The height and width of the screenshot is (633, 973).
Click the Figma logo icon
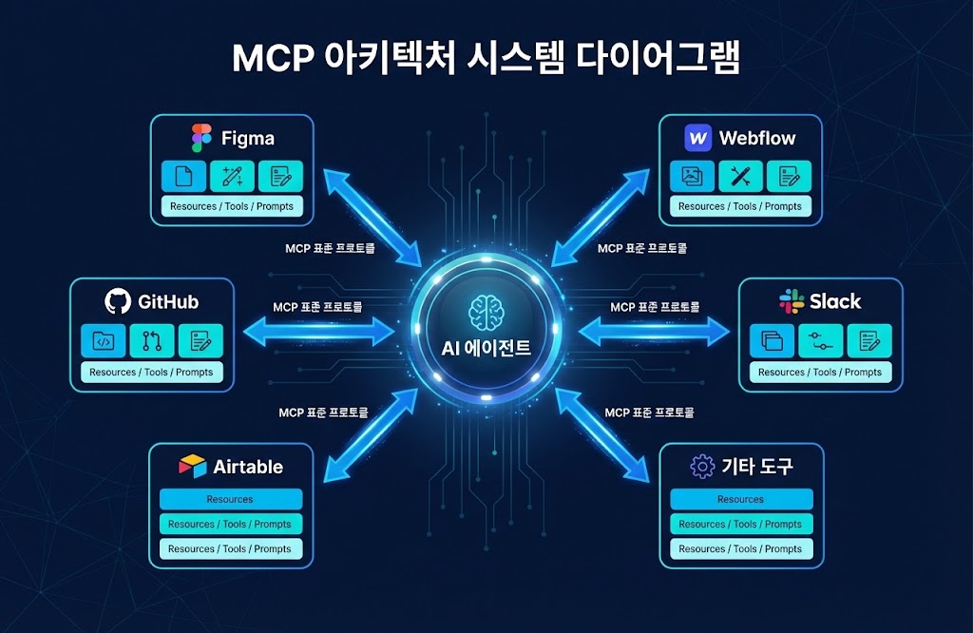tap(200, 138)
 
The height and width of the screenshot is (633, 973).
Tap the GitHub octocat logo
tap(117, 302)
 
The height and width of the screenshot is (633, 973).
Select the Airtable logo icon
tap(192, 467)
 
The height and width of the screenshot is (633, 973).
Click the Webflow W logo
tap(697, 138)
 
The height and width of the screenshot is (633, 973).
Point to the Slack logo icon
tap(791, 302)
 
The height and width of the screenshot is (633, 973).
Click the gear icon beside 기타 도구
tap(702, 467)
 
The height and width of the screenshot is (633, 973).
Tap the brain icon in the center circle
tap(486, 312)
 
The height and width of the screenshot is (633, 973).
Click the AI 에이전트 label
tap(486, 349)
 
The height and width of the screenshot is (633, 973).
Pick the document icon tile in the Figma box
tap(183, 176)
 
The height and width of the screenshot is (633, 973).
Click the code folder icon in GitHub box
tap(104, 340)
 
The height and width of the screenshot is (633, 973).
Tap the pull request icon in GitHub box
tap(152, 340)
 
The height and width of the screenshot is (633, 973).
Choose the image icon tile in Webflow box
tap(693, 176)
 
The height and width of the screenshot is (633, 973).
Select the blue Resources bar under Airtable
tap(231, 499)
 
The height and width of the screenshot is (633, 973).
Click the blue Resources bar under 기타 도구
tap(741, 499)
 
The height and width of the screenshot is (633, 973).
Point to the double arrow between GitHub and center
tap(319, 331)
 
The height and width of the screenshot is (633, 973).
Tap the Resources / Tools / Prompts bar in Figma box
tap(232, 206)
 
